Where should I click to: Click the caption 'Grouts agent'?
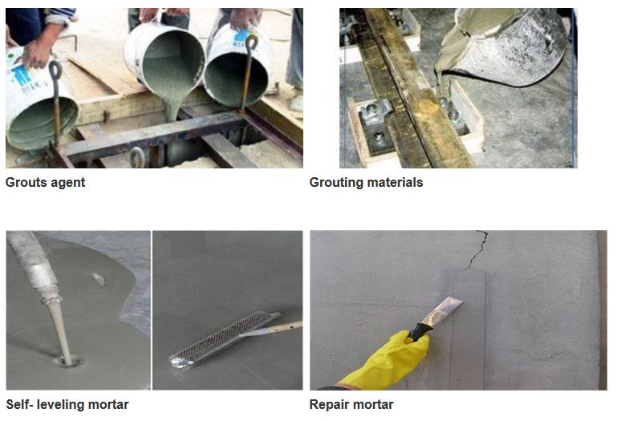click(45, 183)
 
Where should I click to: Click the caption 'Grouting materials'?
click(366, 183)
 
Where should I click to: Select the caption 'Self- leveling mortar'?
click(67, 404)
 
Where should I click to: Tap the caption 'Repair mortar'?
click(351, 405)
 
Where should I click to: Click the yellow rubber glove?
click(388, 361)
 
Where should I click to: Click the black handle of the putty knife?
click(418, 332)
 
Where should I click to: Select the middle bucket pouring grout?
click(164, 62)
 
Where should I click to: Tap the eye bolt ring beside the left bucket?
click(55, 70)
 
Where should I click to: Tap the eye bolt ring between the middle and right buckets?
click(251, 42)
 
